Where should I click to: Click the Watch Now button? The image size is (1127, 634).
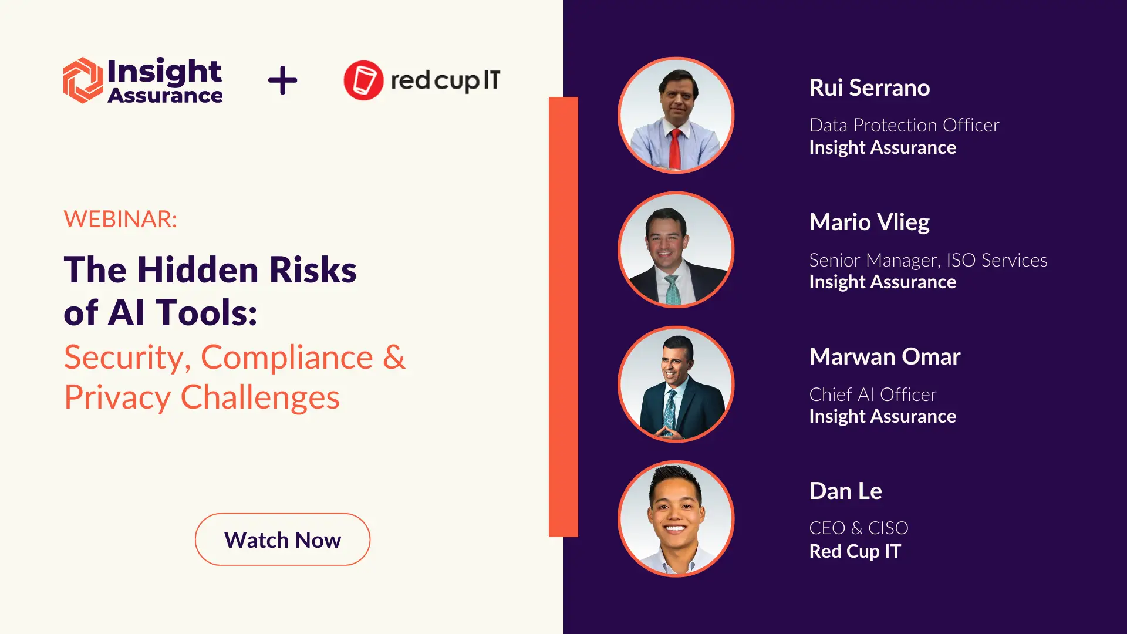point(282,539)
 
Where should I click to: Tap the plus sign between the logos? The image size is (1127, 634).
point(282,80)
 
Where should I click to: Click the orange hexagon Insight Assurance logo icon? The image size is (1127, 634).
point(83,80)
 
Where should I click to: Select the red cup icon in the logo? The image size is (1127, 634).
point(363,80)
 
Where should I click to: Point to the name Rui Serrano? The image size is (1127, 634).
point(869,88)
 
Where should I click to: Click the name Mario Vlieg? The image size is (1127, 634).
point(869,222)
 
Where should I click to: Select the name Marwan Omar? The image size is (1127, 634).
point(885,357)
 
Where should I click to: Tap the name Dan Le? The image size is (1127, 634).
point(845,491)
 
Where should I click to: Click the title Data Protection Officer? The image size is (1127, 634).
point(904,125)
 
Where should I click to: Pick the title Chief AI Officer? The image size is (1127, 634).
point(873,394)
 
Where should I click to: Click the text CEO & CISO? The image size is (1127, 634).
point(859,528)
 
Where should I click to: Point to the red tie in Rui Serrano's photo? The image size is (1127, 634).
point(675,149)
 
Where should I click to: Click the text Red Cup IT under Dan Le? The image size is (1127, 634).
point(855,551)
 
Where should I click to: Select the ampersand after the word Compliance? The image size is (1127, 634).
point(394,357)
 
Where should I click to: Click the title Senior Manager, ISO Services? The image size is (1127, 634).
point(928,260)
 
